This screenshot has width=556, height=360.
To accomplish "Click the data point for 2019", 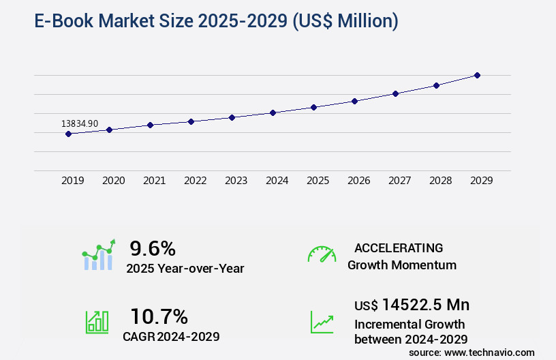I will [x=68, y=134].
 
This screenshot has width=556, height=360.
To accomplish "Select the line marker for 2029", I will [x=477, y=75].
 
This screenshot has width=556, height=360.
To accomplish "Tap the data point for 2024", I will [x=273, y=112].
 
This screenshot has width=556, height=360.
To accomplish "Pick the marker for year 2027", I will [x=395, y=93].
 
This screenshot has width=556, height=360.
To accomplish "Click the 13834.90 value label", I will [x=80, y=123].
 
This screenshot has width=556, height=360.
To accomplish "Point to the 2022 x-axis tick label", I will [x=195, y=181].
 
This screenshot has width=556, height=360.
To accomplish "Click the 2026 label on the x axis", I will [x=358, y=181].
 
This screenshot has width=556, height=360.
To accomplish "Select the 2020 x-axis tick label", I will [x=113, y=181].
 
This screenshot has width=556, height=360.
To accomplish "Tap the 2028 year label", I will [x=440, y=181].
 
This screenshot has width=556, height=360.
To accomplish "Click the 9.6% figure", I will [x=153, y=247].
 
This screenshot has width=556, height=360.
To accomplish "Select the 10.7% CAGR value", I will [x=159, y=316].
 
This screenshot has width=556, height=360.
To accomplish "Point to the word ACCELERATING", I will [x=399, y=247].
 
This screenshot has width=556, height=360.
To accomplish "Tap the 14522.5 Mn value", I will [x=425, y=304].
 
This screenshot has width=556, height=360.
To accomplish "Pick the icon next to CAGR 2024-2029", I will [x=97, y=322].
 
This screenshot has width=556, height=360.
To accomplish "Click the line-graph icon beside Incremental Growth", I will [x=322, y=322].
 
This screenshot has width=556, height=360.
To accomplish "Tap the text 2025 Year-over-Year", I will [x=185, y=269].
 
